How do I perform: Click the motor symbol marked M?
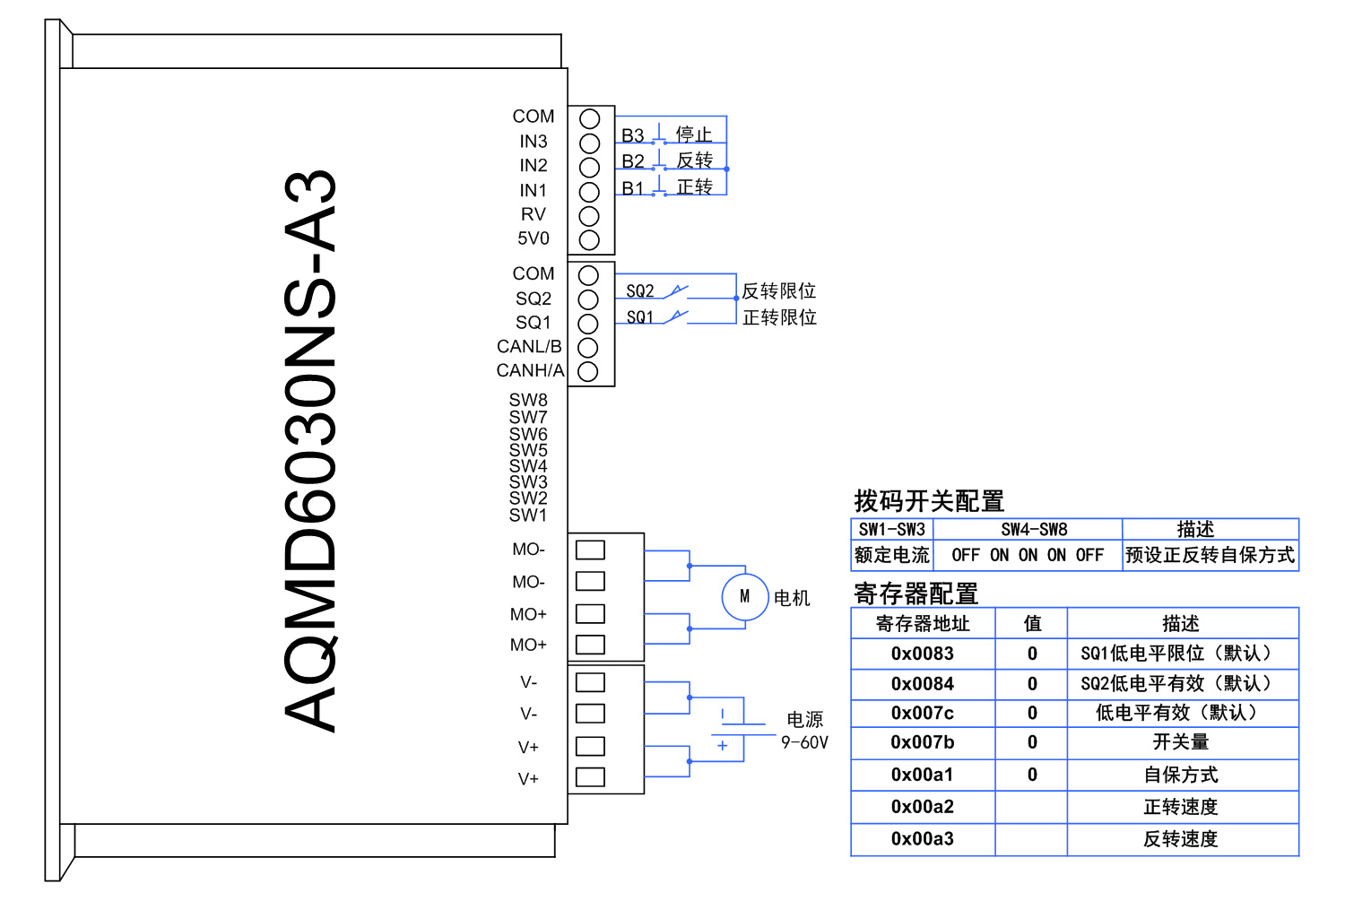coord(745,596)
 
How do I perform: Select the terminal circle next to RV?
coord(589,216)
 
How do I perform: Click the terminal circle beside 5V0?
coord(589,240)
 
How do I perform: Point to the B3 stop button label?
coord(633,135)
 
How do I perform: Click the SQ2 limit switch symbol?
coord(675,290)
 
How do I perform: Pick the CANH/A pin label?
coord(530,370)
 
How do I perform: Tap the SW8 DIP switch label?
coord(528,400)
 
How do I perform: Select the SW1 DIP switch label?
coord(528,515)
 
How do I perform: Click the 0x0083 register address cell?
coord(923,654)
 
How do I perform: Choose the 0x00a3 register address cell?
coord(923,839)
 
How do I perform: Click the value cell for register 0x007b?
coord(1031,742)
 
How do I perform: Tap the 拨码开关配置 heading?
coord(929,500)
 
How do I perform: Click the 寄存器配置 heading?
coord(915,593)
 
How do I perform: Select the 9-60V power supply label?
coord(804,742)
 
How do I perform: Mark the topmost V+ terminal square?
coord(590,746)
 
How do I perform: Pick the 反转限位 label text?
coord(778,290)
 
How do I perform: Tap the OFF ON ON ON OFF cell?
coord(1028,555)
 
